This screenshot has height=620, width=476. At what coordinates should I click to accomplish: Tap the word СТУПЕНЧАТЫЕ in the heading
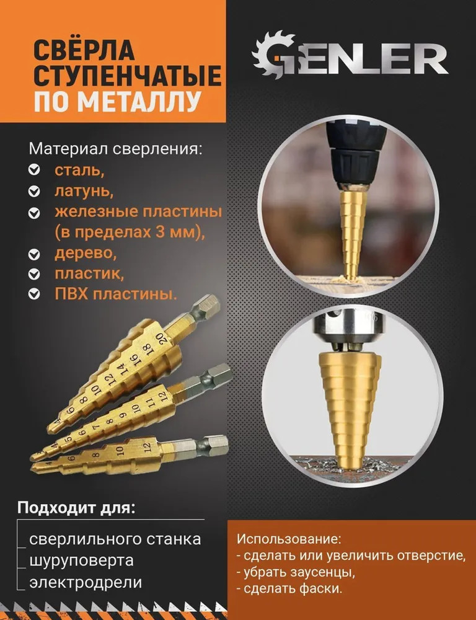(127, 76)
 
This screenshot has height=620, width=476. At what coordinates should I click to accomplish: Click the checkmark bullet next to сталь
(34, 170)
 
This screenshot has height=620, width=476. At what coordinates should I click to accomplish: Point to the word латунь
(84, 191)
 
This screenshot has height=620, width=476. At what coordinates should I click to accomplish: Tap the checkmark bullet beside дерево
(34, 254)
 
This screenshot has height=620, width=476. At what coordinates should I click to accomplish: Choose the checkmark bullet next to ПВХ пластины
(34, 294)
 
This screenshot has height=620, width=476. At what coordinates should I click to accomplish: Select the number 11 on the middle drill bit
(149, 402)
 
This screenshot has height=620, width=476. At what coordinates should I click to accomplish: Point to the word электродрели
(86, 582)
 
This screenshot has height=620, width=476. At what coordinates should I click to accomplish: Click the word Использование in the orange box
(289, 539)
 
